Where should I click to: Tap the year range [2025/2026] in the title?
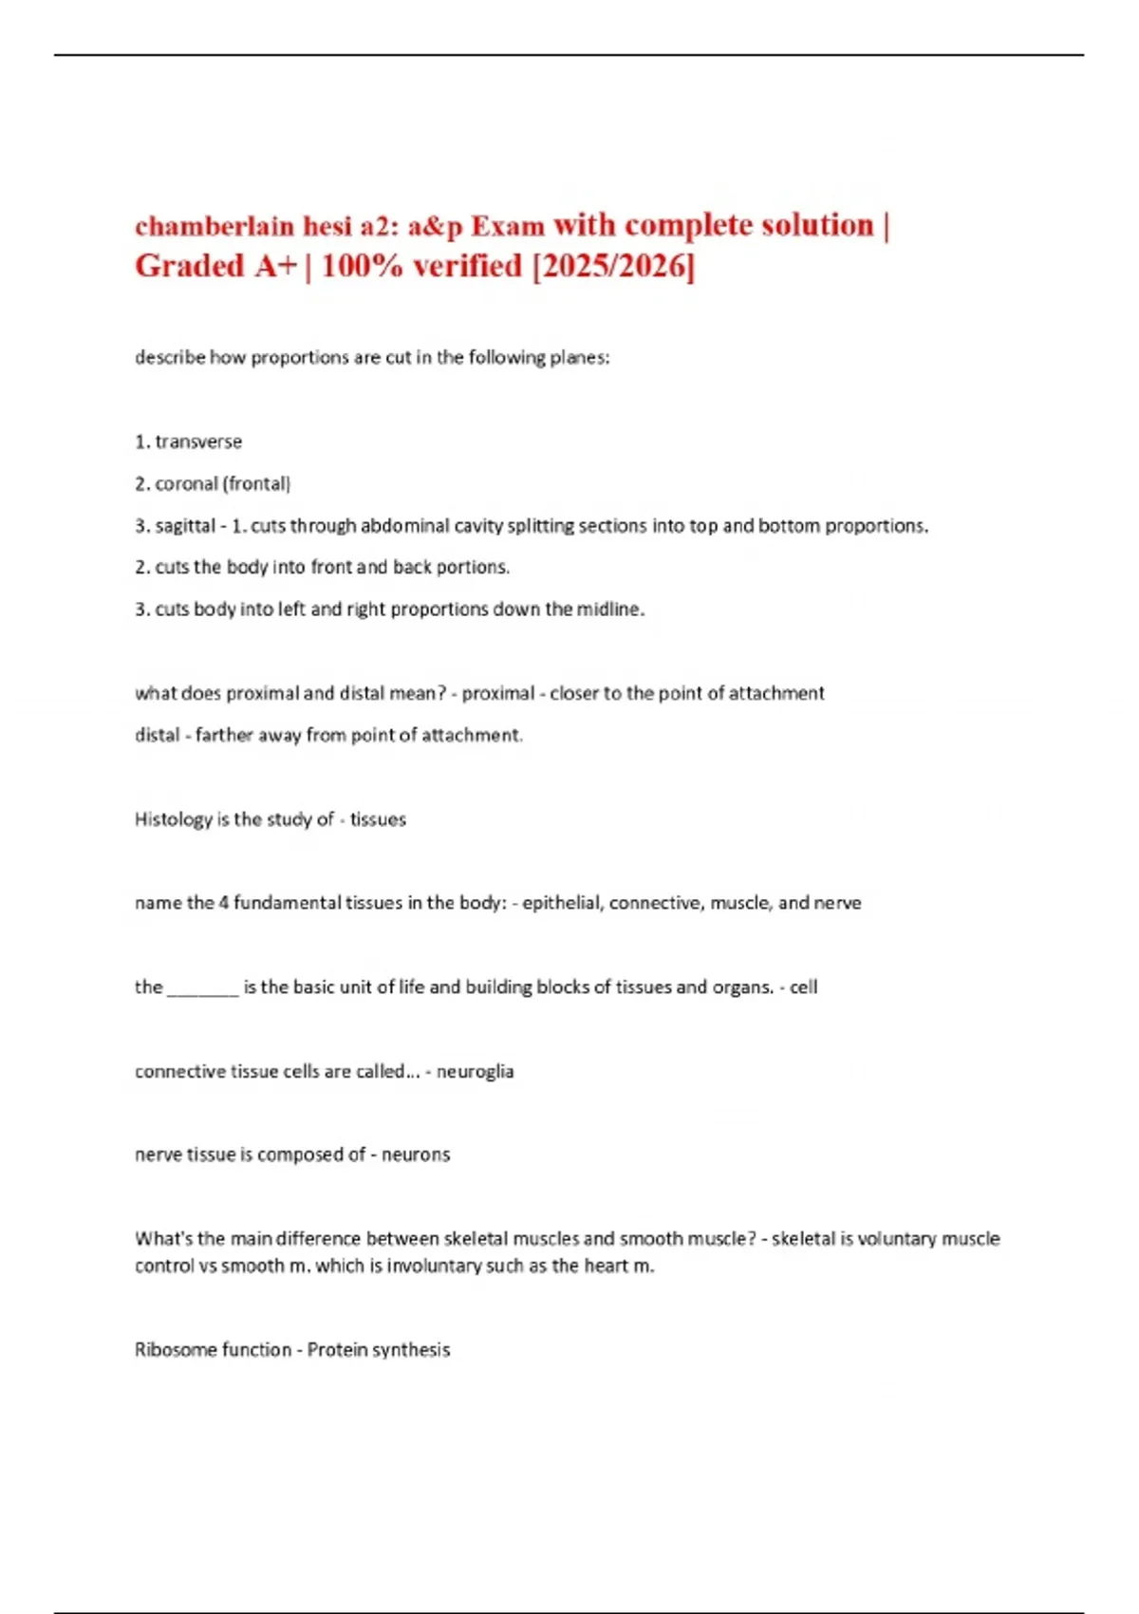[x=613, y=266]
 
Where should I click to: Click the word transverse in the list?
[x=198, y=441]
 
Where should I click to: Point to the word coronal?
[x=186, y=484]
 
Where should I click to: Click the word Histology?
[x=174, y=819]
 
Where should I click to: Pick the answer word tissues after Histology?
[x=378, y=819]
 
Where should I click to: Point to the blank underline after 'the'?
[x=203, y=989]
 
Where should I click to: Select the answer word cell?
[x=803, y=987]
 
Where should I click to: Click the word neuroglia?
[x=475, y=1072]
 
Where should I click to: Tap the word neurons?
[x=416, y=1155]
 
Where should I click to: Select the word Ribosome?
[x=175, y=1350]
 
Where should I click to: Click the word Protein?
[x=336, y=1350]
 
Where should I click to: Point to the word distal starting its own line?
[x=157, y=735]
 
